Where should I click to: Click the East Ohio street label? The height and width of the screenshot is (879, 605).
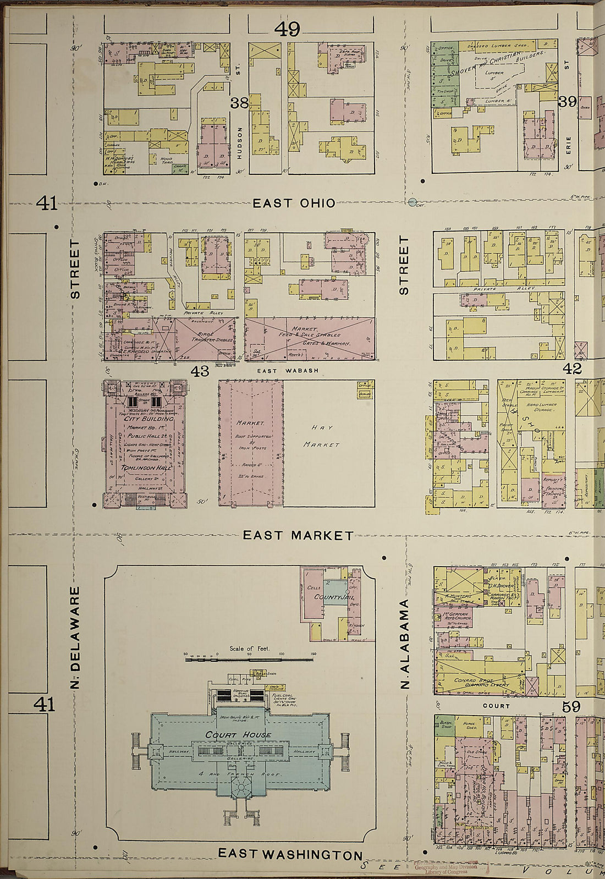(294, 203)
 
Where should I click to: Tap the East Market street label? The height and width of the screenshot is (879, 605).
(298, 535)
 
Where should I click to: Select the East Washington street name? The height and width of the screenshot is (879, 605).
(290, 854)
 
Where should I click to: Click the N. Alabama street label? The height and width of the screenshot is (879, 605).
(405, 644)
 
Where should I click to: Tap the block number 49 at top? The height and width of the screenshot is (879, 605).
(287, 29)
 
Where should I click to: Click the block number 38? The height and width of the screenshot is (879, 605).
(239, 102)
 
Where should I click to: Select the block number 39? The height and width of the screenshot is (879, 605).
(567, 102)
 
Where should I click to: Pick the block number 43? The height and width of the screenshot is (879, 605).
(200, 371)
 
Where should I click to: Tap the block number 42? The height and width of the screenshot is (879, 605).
(572, 369)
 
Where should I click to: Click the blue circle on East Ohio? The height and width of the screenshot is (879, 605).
(413, 202)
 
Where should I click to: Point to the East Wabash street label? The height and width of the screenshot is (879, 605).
(288, 371)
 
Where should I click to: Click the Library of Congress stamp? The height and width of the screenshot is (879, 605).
(444, 868)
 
